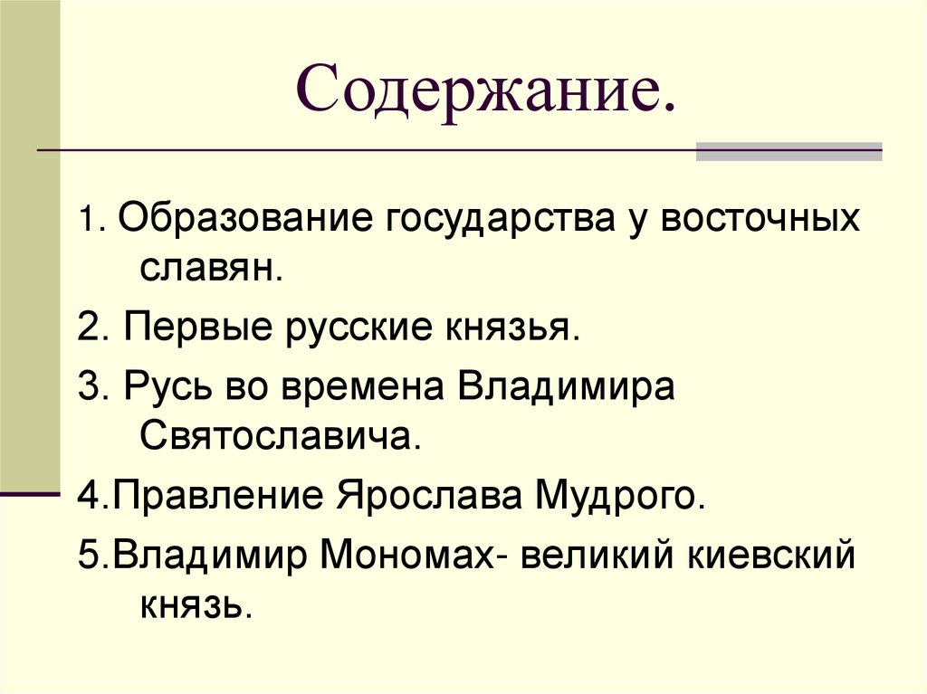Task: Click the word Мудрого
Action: pos(618,496)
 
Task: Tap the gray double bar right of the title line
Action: pos(788,151)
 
